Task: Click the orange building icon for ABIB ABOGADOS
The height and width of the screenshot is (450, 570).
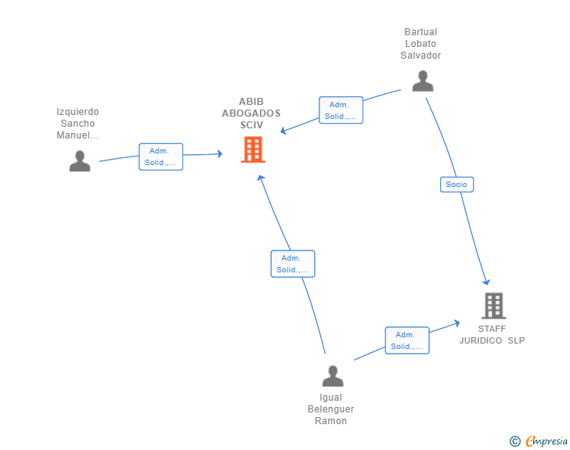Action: [x=253, y=149]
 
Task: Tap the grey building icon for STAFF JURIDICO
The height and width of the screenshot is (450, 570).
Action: [x=494, y=306]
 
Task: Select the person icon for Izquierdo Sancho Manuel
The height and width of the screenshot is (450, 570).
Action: [x=80, y=160]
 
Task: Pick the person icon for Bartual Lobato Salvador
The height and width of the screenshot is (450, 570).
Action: [x=423, y=81]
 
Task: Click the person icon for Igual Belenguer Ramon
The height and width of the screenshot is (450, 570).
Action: [x=333, y=376]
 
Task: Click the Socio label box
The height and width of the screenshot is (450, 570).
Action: [x=456, y=184]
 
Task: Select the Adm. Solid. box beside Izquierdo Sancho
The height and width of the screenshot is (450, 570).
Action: [x=161, y=157]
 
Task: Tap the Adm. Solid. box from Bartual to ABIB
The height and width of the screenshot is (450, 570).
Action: [x=341, y=110]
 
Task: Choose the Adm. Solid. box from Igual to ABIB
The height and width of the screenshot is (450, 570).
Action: [x=293, y=264]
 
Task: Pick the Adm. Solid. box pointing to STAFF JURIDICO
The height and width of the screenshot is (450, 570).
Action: [x=407, y=340]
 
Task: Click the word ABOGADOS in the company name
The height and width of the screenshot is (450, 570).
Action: [x=251, y=113]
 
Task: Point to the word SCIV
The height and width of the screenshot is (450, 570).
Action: [x=251, y=125]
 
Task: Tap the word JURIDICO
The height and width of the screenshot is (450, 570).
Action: [x=481, y=340]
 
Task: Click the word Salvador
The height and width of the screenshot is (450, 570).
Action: [x=420, y=56]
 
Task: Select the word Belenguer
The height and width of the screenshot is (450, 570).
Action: [x=330, y=409]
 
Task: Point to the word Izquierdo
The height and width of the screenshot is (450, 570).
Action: [x=78, y=112]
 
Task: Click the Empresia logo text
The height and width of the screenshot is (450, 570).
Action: [x=547, y=441]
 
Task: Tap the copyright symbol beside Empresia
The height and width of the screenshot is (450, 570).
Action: [x=514, y=441]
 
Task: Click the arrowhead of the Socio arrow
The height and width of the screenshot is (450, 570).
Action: [x=486, y=282]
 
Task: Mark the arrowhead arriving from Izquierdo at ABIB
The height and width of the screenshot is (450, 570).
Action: [x=219, y=153]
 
